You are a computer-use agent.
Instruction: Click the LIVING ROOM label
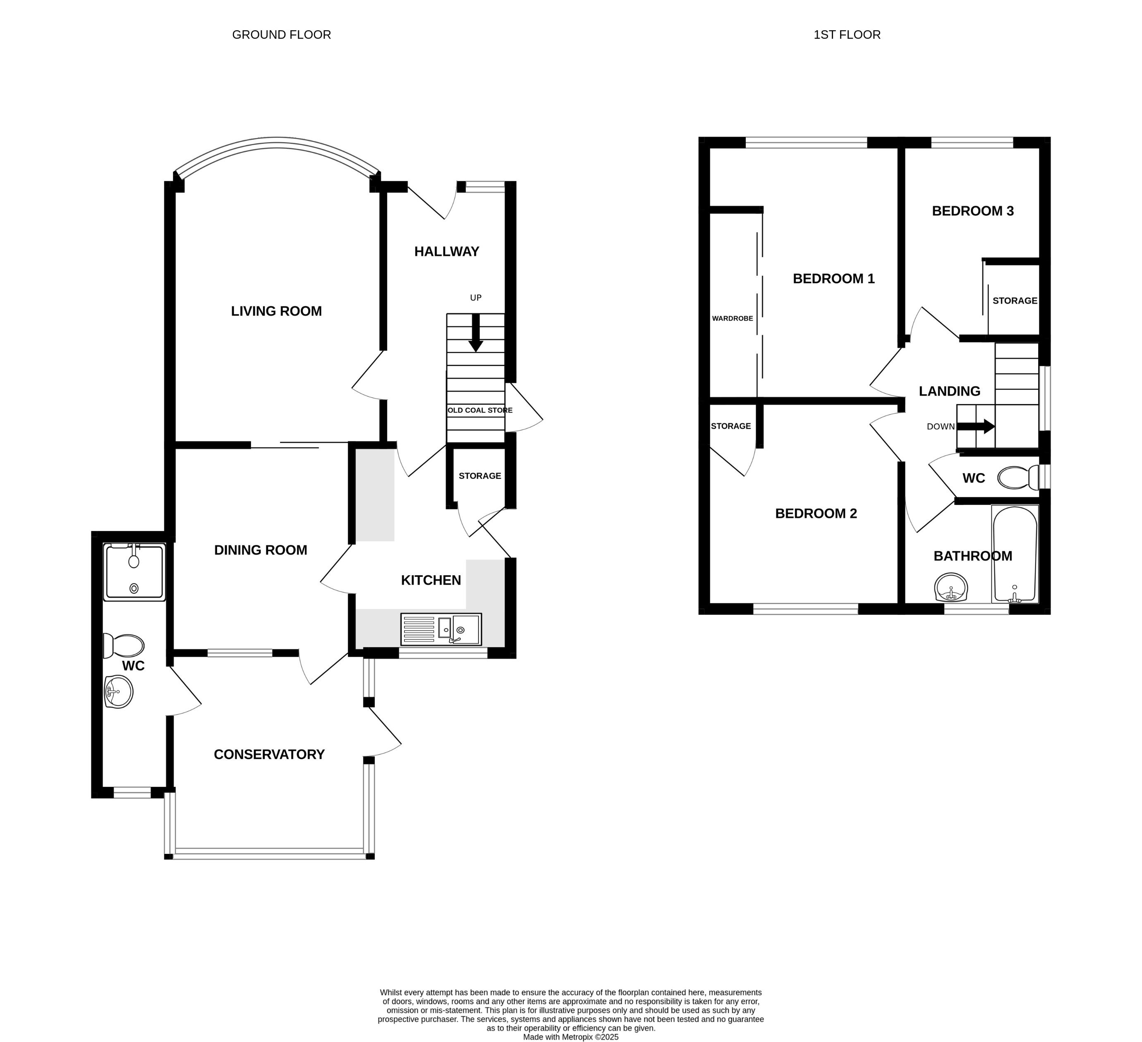coord(276,311)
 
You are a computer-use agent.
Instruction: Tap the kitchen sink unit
coord(441,629)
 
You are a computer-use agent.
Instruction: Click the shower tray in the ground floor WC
coord(134,572)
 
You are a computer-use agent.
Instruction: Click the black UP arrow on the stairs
coord(476,333)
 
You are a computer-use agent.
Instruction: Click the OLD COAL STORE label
coord(480,410)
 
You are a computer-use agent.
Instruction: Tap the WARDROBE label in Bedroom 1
coord(733,318)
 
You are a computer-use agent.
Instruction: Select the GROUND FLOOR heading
coord(282,35)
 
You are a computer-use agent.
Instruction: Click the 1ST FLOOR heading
coord(847,35)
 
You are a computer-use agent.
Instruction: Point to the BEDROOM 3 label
coord(973,210)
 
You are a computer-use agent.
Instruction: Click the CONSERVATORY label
coord(269,754)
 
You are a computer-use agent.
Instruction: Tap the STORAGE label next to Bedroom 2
coord(731,426)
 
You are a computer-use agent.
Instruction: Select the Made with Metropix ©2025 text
coord(570,1037)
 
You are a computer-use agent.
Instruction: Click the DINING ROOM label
coord(261,550)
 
